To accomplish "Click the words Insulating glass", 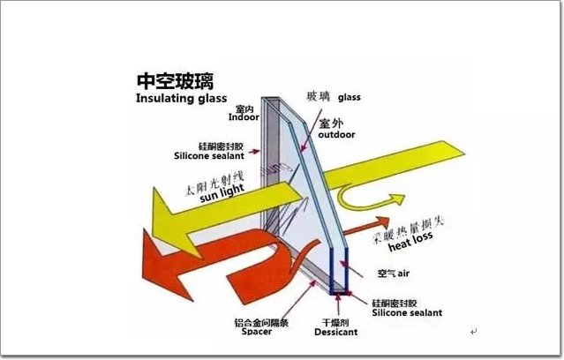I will (181, 98).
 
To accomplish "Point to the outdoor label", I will (336, 135).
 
